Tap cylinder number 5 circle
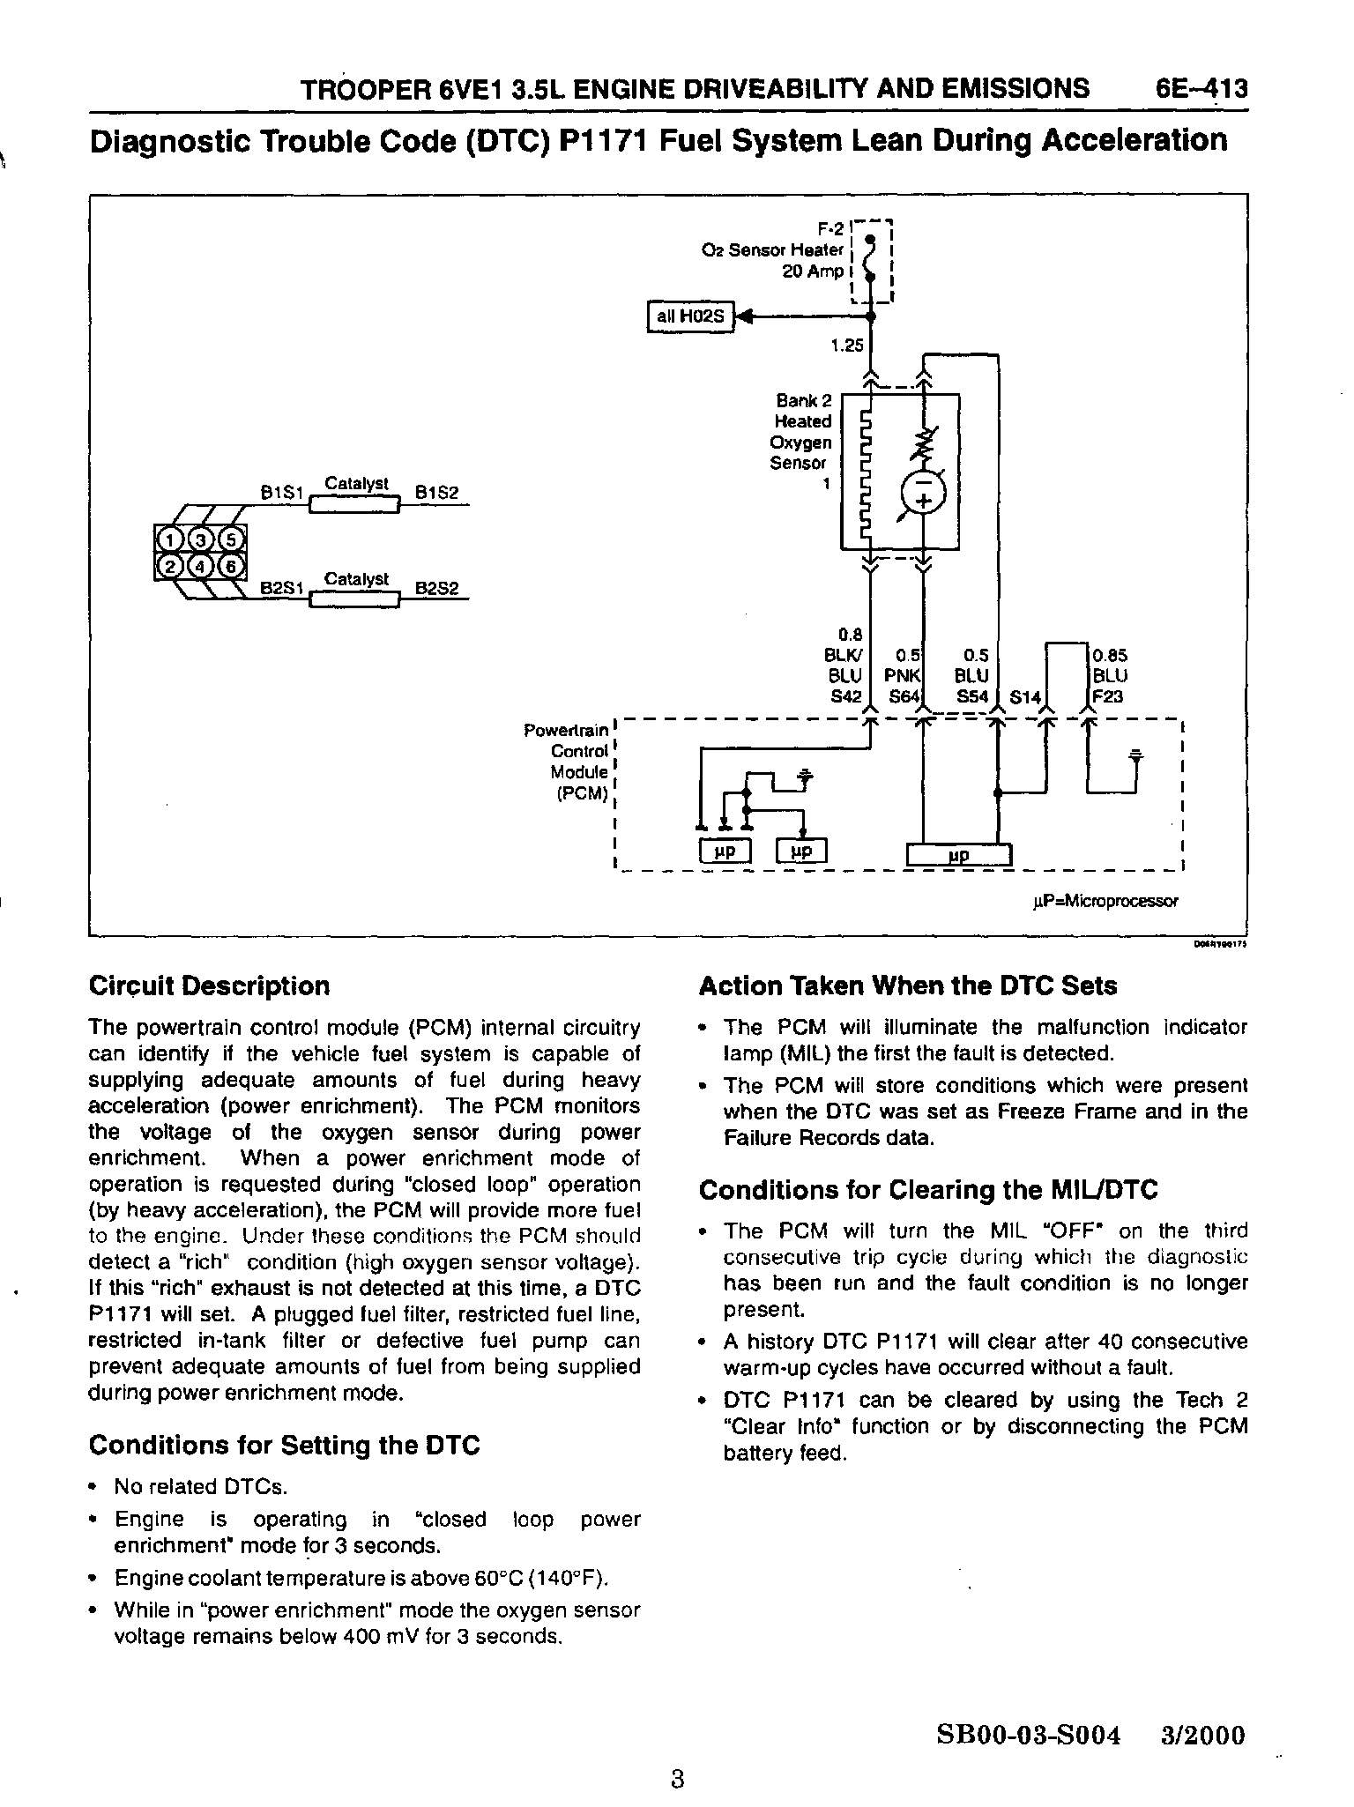(230, 539)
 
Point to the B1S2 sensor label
(437, 494)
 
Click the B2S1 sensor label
(282, 588)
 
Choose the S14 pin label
(1025, 698)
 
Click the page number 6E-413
(1201, 89)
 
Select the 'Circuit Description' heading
(210, 985)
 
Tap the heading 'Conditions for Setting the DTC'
(285, 1446)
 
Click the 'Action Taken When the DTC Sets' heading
(908, 985)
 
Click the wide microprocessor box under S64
(959, 855)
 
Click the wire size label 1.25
(847, 346)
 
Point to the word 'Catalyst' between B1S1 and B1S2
(357, 483)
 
